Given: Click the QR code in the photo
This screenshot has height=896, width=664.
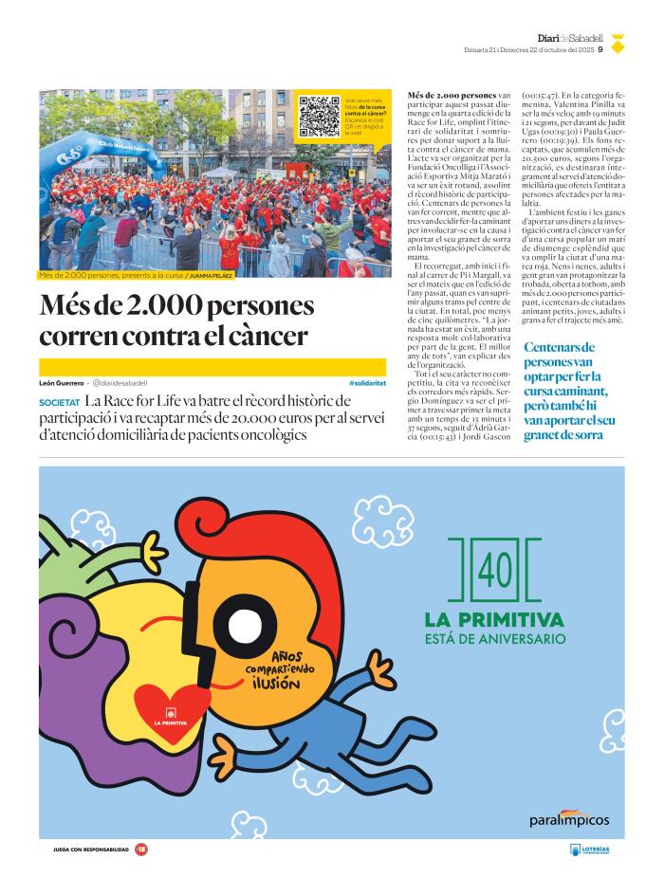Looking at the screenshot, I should click(x=320, y=115).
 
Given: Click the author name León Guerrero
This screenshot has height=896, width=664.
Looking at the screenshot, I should click(x=62, y=382).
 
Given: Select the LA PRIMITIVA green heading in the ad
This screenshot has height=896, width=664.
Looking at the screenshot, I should click(x=494, y=620).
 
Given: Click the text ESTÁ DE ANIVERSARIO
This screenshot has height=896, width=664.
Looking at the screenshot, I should click(x=494, y=639).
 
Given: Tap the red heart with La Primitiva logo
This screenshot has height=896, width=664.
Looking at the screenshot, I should click(x=171, y=710).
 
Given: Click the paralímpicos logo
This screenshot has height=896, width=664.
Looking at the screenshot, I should click(x=569, y=818).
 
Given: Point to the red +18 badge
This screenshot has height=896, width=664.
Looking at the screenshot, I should click(x=141, y=850).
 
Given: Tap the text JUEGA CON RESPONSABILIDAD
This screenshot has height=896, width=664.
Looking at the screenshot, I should click(x=90, y=850).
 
